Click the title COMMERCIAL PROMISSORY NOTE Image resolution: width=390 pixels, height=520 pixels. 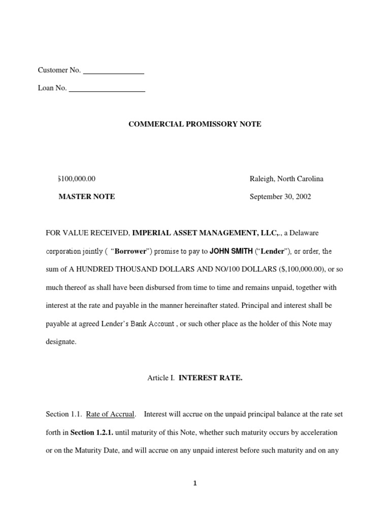(x=194, y=124)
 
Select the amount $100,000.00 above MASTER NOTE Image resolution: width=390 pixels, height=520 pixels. (x=77, y=179)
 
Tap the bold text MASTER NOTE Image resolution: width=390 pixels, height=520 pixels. (x=87, y=197)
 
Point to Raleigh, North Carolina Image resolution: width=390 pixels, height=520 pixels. (x=286, y=179)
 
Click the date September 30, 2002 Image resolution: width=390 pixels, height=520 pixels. (x=280, y=197)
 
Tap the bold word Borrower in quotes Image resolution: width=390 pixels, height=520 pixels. (x=129, y=251)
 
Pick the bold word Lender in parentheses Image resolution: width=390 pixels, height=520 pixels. (x=273, y=251)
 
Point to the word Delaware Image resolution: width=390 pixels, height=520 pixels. (x=305, y=233)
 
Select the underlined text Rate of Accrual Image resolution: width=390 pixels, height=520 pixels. (x=110, y=414)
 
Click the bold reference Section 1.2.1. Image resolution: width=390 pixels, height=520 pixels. (x=92, y=433)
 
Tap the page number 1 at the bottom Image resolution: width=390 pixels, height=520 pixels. (x=194, y=483)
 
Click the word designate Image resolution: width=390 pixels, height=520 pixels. (x=61, y=342)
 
